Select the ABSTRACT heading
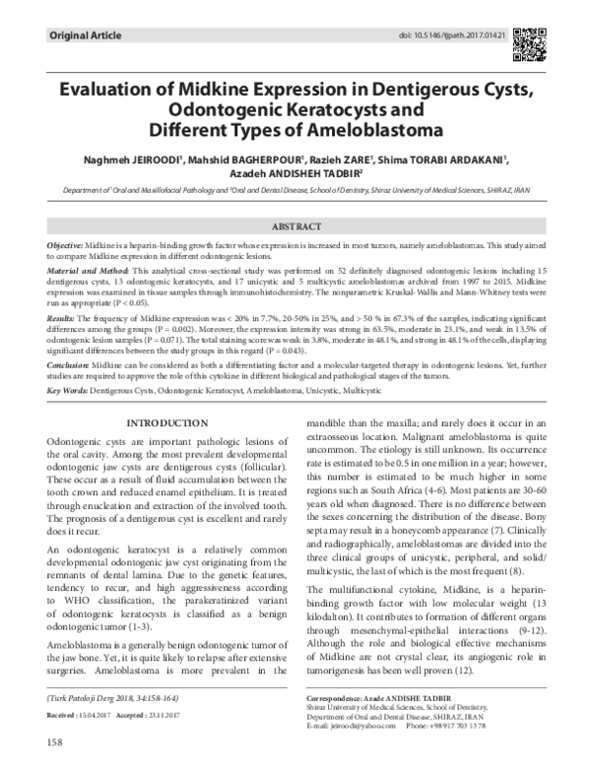click(296, 226)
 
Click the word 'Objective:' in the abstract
click(66, 243)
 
